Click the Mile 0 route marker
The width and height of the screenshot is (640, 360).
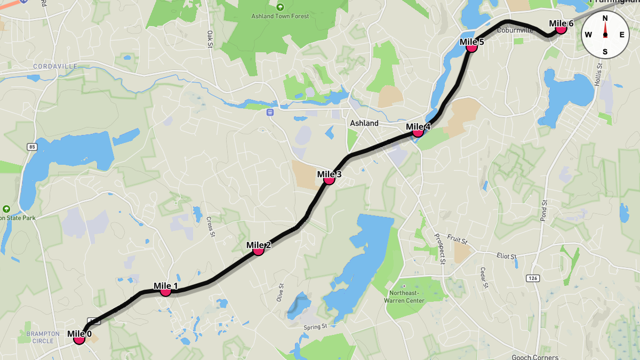(x=79, y=339)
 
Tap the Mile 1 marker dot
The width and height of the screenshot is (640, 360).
(x=165, y=291)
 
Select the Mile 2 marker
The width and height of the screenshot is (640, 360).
(x=258, y=250)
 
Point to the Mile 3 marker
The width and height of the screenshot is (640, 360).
(x=329, y=179)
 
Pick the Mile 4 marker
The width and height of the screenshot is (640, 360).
(x=418, y=131)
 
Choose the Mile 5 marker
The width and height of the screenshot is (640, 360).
(x=471, y=46)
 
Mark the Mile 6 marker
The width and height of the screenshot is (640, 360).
(x=561, y=28)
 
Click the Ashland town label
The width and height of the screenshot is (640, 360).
(x=364, y=123)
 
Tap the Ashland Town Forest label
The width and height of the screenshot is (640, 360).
(x=280, y=16)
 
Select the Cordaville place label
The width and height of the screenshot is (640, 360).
(x=55, y=66)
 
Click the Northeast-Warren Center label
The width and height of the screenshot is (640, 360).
(x=404, y=297)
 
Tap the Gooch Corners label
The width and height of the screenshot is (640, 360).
(x=535, y=357)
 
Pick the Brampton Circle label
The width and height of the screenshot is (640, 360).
(x=43, y=337)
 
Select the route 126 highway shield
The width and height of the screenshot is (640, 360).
(x=532, y=278)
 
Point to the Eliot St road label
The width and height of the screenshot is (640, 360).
(x=506, y=257)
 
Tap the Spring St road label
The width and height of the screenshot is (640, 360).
(x=315, y=327)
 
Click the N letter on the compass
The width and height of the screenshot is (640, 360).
(x=605, y=18)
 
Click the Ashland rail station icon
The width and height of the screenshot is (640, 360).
(x=270, y=113)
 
